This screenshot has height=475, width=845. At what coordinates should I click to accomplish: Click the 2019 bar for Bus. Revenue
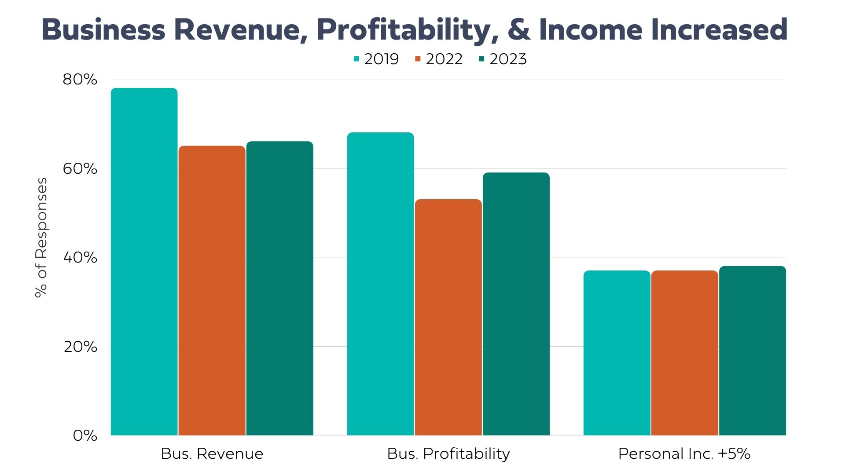[144, 262]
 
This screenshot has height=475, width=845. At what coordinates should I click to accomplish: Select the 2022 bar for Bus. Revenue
[212, 290]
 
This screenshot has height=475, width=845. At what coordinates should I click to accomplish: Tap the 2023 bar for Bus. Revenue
[279, 288]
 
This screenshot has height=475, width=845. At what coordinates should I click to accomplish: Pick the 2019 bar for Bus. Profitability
[380, 284]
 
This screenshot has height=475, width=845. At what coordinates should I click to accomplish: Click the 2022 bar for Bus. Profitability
[448, 317]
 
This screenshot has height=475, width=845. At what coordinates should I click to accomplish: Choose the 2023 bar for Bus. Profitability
[516, 304]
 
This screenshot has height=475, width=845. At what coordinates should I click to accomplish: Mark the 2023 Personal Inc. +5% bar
[752, 351]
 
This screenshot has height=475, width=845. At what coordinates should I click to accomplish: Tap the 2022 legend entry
[439, 59]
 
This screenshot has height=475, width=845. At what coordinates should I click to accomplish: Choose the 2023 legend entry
[503, 59]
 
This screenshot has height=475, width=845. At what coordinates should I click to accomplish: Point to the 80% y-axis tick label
[80, 80]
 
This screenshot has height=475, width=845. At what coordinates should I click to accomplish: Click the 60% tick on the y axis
[80, 168]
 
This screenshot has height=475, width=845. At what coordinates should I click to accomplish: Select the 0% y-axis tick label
[85, 435]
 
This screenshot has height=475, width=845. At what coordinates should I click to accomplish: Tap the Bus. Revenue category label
[212, 453]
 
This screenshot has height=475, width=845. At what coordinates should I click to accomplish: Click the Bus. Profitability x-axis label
[448, 453]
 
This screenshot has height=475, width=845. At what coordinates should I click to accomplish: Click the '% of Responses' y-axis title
[41, 237]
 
